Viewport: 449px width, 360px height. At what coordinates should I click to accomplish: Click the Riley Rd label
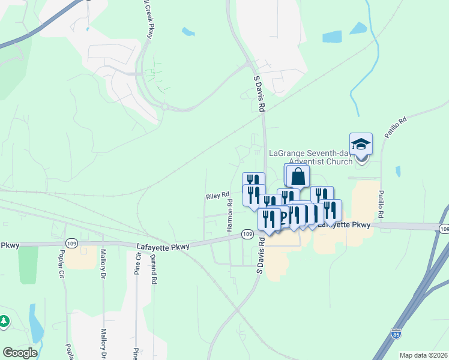(218, 196)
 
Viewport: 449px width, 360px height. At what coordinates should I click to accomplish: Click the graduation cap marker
(361, 145)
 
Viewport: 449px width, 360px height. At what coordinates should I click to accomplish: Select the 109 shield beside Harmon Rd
(247, 233)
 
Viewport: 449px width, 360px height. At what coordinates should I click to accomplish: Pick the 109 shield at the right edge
(444, 229)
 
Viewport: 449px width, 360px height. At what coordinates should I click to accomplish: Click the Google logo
(20, 353)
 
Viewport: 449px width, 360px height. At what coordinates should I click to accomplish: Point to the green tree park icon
(4, 322)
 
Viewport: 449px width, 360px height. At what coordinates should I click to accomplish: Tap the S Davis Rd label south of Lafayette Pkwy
(261, 255)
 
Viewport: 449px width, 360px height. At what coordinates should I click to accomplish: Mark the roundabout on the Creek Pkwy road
(163, 107)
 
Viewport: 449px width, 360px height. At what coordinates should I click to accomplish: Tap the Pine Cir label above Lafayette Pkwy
(137, 264)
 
